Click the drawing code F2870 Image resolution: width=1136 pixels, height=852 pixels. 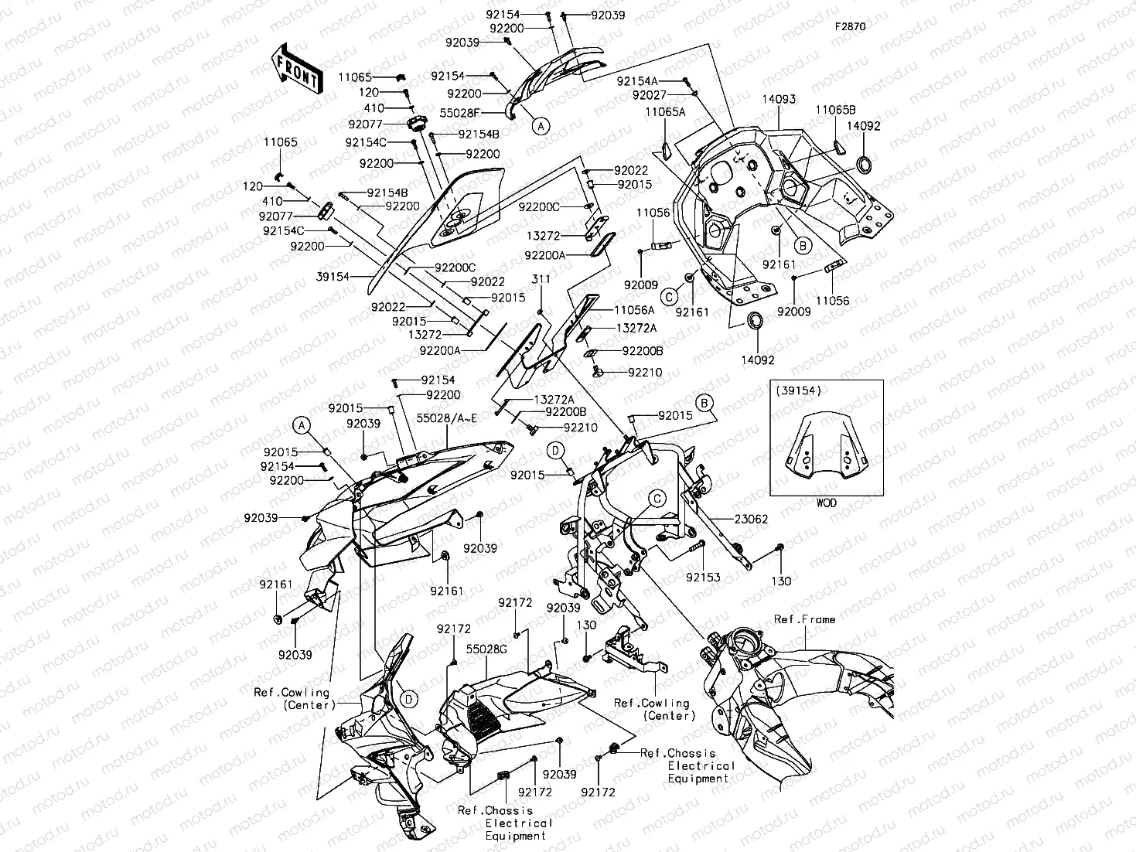(849, 26)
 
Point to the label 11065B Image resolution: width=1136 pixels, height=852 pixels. (834, 111)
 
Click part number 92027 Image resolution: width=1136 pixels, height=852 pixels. (650, 95)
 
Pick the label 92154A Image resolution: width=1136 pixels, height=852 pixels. (637, 81)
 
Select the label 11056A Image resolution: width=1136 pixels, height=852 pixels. (634, 309)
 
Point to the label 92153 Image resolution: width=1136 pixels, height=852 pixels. (703, 578)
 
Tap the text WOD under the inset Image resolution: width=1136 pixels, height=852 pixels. (826, 503)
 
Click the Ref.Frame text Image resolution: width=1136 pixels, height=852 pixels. (804, 619)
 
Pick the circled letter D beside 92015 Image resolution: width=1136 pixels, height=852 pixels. (557, 450)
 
